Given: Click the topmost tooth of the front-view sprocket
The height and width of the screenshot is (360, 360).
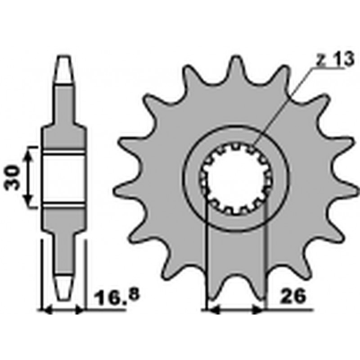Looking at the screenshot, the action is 236,69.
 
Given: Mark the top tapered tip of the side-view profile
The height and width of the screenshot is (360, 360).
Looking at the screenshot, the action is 64,69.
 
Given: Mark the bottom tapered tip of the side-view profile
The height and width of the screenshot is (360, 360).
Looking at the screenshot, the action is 63,287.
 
